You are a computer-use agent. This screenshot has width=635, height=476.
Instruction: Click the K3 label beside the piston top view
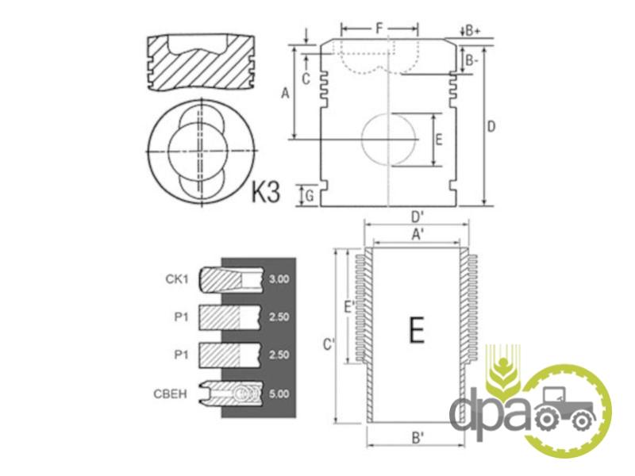click(x=266, y=191)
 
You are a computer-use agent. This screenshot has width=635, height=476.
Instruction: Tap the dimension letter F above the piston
click(x=379, y=29)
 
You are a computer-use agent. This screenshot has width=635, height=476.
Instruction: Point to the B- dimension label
click(x=471, y=61)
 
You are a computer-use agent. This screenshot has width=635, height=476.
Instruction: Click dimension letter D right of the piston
click(x=491, y=127)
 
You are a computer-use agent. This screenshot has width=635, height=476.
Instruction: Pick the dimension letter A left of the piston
click(x=286, y=93)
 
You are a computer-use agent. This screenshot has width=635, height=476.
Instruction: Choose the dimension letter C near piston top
click(x=306, y=79)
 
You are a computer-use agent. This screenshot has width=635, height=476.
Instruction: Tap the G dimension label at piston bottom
click(x=310, y=196)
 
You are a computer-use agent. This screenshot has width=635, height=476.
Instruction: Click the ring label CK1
click(x=177, y=279)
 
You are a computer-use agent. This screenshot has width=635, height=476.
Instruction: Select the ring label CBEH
click(x=171, y=393)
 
